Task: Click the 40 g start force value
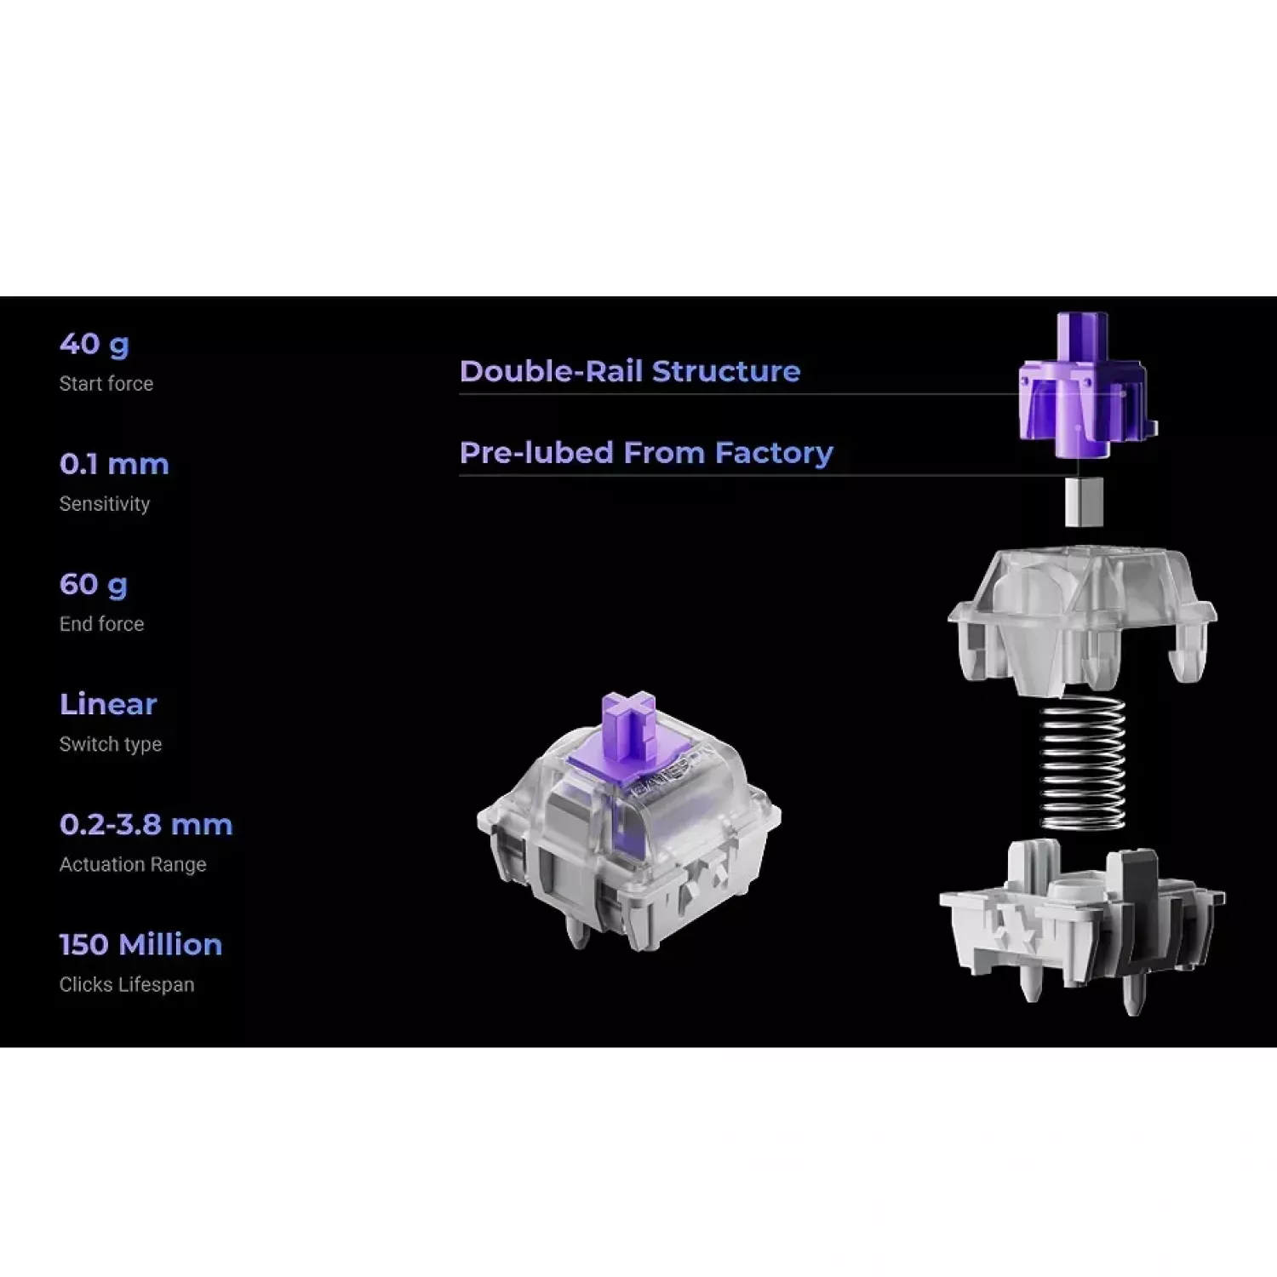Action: click(x=94, y=344)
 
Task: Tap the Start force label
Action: click(x=106, y=384)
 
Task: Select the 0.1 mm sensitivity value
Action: click(x=114, y=464)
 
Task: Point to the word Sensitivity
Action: click(x=105, y=504)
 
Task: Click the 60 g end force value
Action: click(x=94, y=585)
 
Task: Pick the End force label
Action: click(x=101, y=624)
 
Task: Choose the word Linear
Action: click(x=108, y=704)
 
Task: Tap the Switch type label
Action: click(x=111, y=744)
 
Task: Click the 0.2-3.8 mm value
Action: click(x=146, y=824)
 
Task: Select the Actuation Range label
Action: click(x=133, y=864)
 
